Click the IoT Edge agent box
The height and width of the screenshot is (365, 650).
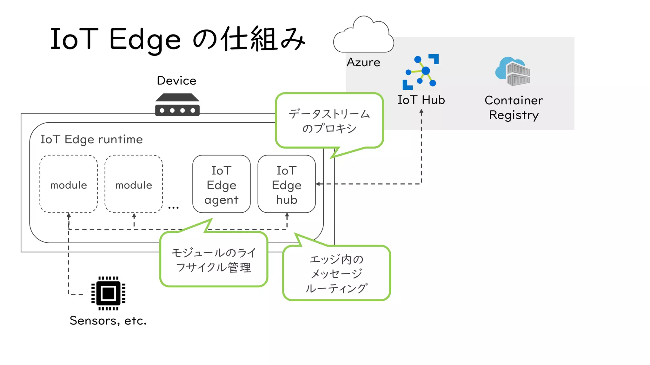click(x=221, y=184)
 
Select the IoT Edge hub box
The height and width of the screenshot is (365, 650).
click(x=286, y=184)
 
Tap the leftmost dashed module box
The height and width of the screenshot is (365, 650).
click(x=69, y=184)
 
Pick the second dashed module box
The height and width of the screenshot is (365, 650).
click(x=134, y=184)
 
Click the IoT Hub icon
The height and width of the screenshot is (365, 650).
click(x=421, y=72)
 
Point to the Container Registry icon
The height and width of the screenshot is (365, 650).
click(x=513, y=72)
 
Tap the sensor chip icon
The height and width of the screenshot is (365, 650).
click(x=108, y=293)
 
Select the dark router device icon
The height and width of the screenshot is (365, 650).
click(x=177, y=105)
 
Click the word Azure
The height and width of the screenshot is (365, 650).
click(x=363, y=62)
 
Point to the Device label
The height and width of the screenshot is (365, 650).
click(x=176, y=80)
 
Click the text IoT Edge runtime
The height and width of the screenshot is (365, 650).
click(x=91, y=139)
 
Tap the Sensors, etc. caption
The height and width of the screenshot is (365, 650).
click(x=108, y=321)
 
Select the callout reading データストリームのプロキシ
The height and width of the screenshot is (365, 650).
click(x=329, y=121)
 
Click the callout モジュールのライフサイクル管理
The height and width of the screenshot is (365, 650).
click(x=214, y=260)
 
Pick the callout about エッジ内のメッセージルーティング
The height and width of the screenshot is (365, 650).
click(x=336, y=273)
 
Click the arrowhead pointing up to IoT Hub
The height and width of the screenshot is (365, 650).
click(x=421, y=112)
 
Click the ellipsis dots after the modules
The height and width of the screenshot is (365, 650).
click(x=173, y=208)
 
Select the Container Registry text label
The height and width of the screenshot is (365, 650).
click(x=514, y=107)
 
